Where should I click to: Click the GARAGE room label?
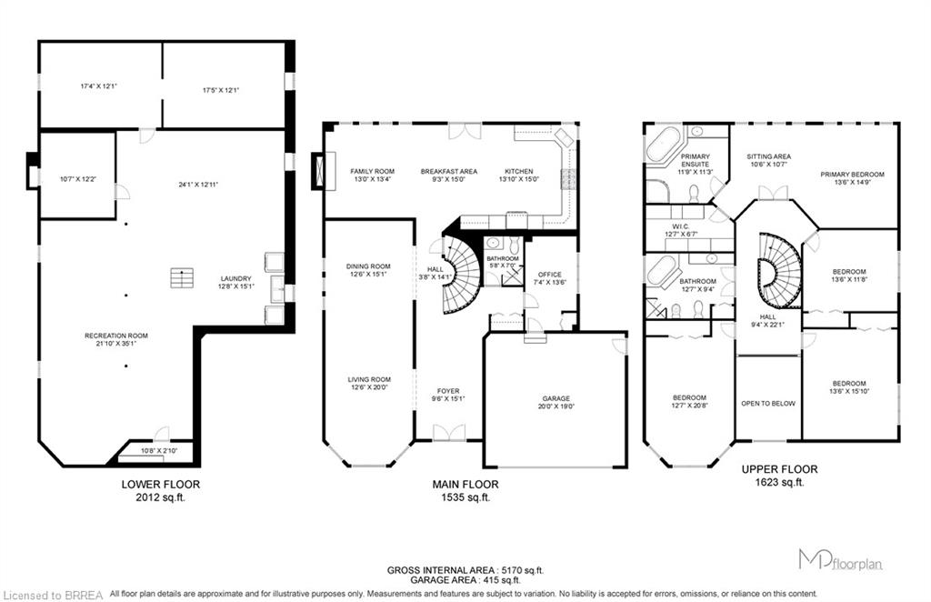556,398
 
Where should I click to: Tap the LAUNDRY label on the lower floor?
235,278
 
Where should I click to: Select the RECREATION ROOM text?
116,336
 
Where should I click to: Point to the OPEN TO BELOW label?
767,403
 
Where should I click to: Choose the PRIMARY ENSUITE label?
695,160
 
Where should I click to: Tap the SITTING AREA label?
768,156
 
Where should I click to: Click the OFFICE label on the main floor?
549,275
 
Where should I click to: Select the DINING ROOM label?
368,266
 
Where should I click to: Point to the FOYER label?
447,391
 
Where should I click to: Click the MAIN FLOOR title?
465,485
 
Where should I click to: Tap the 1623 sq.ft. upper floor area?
779,482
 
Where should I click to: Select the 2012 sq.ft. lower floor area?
160,497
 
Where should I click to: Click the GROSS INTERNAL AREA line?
465,570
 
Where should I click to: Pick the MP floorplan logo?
840,560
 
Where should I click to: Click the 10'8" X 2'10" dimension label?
158,451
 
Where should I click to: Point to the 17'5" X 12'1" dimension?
220,90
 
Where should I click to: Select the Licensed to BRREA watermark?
54,595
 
